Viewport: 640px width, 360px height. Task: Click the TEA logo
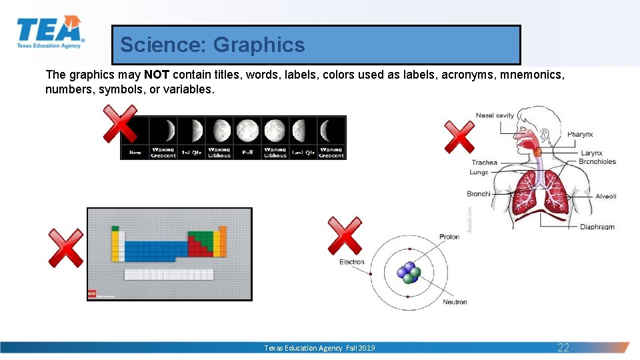[x=50, y=32]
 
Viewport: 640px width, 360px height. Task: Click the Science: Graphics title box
[x=315, y=45]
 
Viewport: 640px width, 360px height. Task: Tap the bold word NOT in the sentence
[x=157, y=75]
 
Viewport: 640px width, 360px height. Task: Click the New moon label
[x=135, y=153]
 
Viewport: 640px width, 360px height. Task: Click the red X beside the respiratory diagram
[x=460, y=137]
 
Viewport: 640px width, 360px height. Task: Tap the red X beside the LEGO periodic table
[x=66, y=247]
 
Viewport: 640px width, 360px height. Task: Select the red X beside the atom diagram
[x=345, y=236]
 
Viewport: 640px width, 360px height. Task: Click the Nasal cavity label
[x=495, y=115]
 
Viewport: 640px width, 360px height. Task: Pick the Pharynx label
[x=580, y=135]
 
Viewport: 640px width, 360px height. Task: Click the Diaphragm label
[x=597, y=227]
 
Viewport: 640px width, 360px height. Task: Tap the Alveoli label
[x=605, y=196]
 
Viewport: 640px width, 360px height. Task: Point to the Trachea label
[x=484, y=162]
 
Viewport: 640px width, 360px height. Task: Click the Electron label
[x=351, y=262]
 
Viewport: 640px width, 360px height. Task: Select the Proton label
[x=449, y=237]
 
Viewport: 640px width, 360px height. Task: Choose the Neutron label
[x=455, y=302]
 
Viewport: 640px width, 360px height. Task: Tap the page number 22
[x=563, y=347]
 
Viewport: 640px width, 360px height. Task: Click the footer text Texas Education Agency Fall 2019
[x=319, y=348]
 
